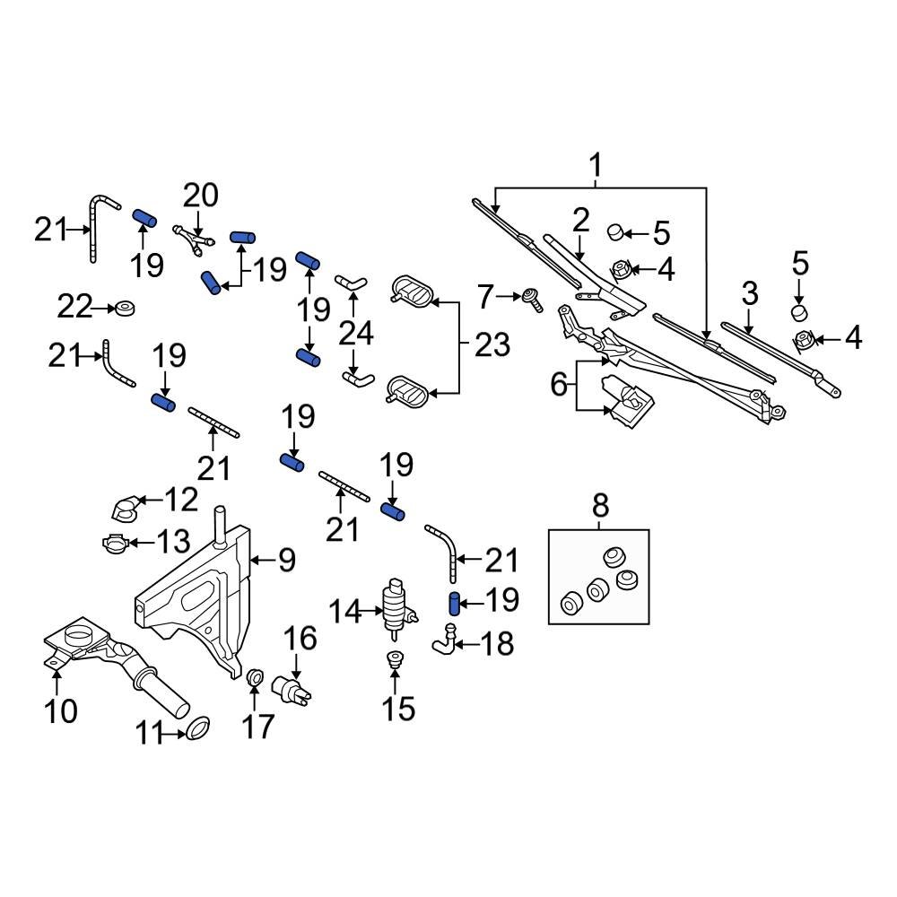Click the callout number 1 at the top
click(x=595, y=166)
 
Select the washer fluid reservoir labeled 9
click(x=193, y=601)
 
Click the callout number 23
click(x=492, y=344)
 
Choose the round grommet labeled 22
click(x=124, y=309)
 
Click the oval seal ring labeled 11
click(x=197, y=727)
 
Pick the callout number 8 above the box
click(x=600, y=507)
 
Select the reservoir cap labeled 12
click(x=123, y=509)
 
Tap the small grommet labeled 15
click(x=392, y=662)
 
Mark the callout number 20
click(x=201, y=194)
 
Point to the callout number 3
click(x=749, y=293)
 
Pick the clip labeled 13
click(x=114, y=542)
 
